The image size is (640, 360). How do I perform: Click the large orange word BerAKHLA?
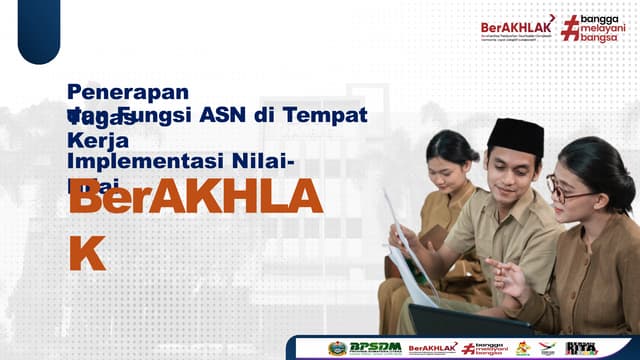click(194, 199)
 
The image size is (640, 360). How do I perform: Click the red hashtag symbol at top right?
click(570, 28)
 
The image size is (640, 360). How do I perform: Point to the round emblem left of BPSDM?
click(338, 348)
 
